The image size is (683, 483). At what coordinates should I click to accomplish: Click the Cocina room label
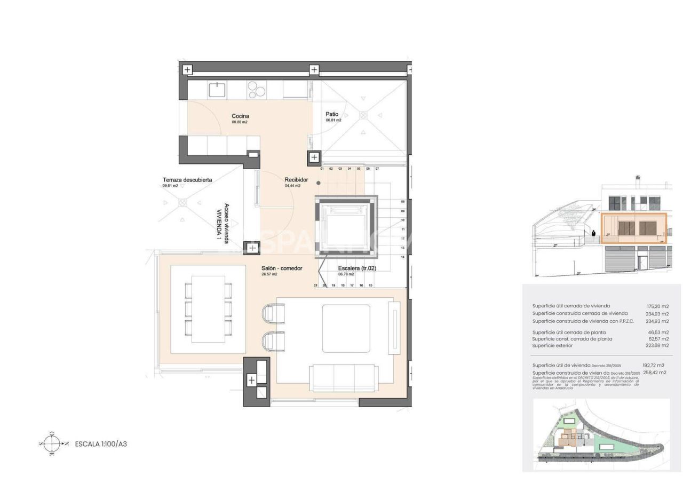[x=240, y=116]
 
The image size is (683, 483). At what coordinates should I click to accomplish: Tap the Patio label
[x=332, y=114]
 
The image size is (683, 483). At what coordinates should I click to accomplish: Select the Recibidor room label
[x=296, y=180]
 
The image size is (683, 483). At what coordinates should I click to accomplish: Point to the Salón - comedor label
[x=282, y=268]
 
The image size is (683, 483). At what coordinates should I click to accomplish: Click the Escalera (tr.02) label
[x=357, y=268]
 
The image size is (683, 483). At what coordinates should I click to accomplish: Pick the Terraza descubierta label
[x=187, y=180]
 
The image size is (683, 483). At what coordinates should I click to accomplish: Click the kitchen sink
[x=217, y=89]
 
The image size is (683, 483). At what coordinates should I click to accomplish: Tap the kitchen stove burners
[x=256, y=89]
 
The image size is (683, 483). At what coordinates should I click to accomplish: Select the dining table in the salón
[x=208, y=309]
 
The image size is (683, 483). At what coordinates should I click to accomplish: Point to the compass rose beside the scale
[x=52, y=444]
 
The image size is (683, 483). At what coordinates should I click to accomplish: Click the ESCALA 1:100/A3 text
[x=101, y=444]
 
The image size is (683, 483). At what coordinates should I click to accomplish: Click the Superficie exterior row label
[x=552, y=346]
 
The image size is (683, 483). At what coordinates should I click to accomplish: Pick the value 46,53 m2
[x=658, y=332]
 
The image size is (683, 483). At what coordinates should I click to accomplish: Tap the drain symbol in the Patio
[x=363, y=115]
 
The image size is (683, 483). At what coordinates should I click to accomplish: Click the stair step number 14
[x=402, y=257]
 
